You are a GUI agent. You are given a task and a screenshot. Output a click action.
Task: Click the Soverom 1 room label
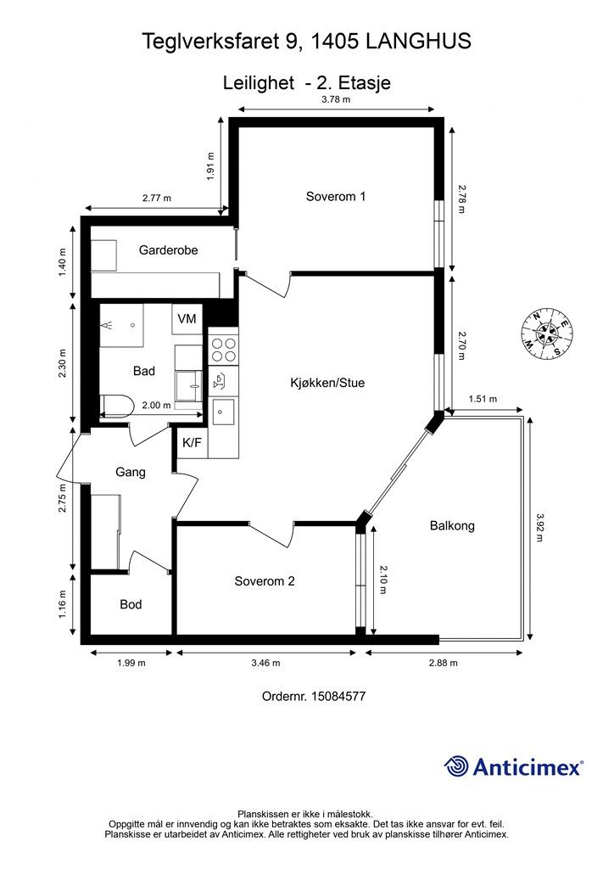[x=336, y=196]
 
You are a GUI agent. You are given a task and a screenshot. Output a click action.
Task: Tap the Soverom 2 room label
[x=265, y=580]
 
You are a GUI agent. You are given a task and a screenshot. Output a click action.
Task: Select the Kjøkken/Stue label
[x=327, y=383]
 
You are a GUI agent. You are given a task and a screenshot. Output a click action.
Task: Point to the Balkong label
[x=452, y=525]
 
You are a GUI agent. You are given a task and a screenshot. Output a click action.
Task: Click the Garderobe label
[x=168, y=250]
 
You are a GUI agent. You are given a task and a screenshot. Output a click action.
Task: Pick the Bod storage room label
[x=131, y=604]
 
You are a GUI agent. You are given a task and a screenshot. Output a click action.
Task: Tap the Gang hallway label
[x=131, y=472]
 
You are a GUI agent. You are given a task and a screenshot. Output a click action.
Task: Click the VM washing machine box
[x=187, y=319]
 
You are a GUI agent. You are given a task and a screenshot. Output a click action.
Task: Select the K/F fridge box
[x=193, y=442]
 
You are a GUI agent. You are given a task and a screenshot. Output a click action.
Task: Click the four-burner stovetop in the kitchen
[x=224, y=350]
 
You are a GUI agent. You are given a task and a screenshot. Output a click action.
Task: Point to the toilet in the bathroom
[x=117, y=405]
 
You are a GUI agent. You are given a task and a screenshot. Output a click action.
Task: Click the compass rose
[x=546, y=333]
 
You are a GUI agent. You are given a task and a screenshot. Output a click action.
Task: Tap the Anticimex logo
[x=513, y=766]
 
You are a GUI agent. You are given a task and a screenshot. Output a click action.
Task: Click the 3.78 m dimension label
[x=336, y=100]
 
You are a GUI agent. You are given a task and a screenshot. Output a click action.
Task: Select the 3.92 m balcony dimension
[x=540, y=527]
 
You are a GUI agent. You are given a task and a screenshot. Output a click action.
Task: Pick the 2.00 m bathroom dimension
[x=157, y=405]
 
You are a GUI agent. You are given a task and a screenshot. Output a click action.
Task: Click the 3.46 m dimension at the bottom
[x=265, y=662]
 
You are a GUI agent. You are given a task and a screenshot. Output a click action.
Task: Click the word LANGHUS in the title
[x=418, y=42]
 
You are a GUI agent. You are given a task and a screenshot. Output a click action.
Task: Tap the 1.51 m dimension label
[x=483, y=399]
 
